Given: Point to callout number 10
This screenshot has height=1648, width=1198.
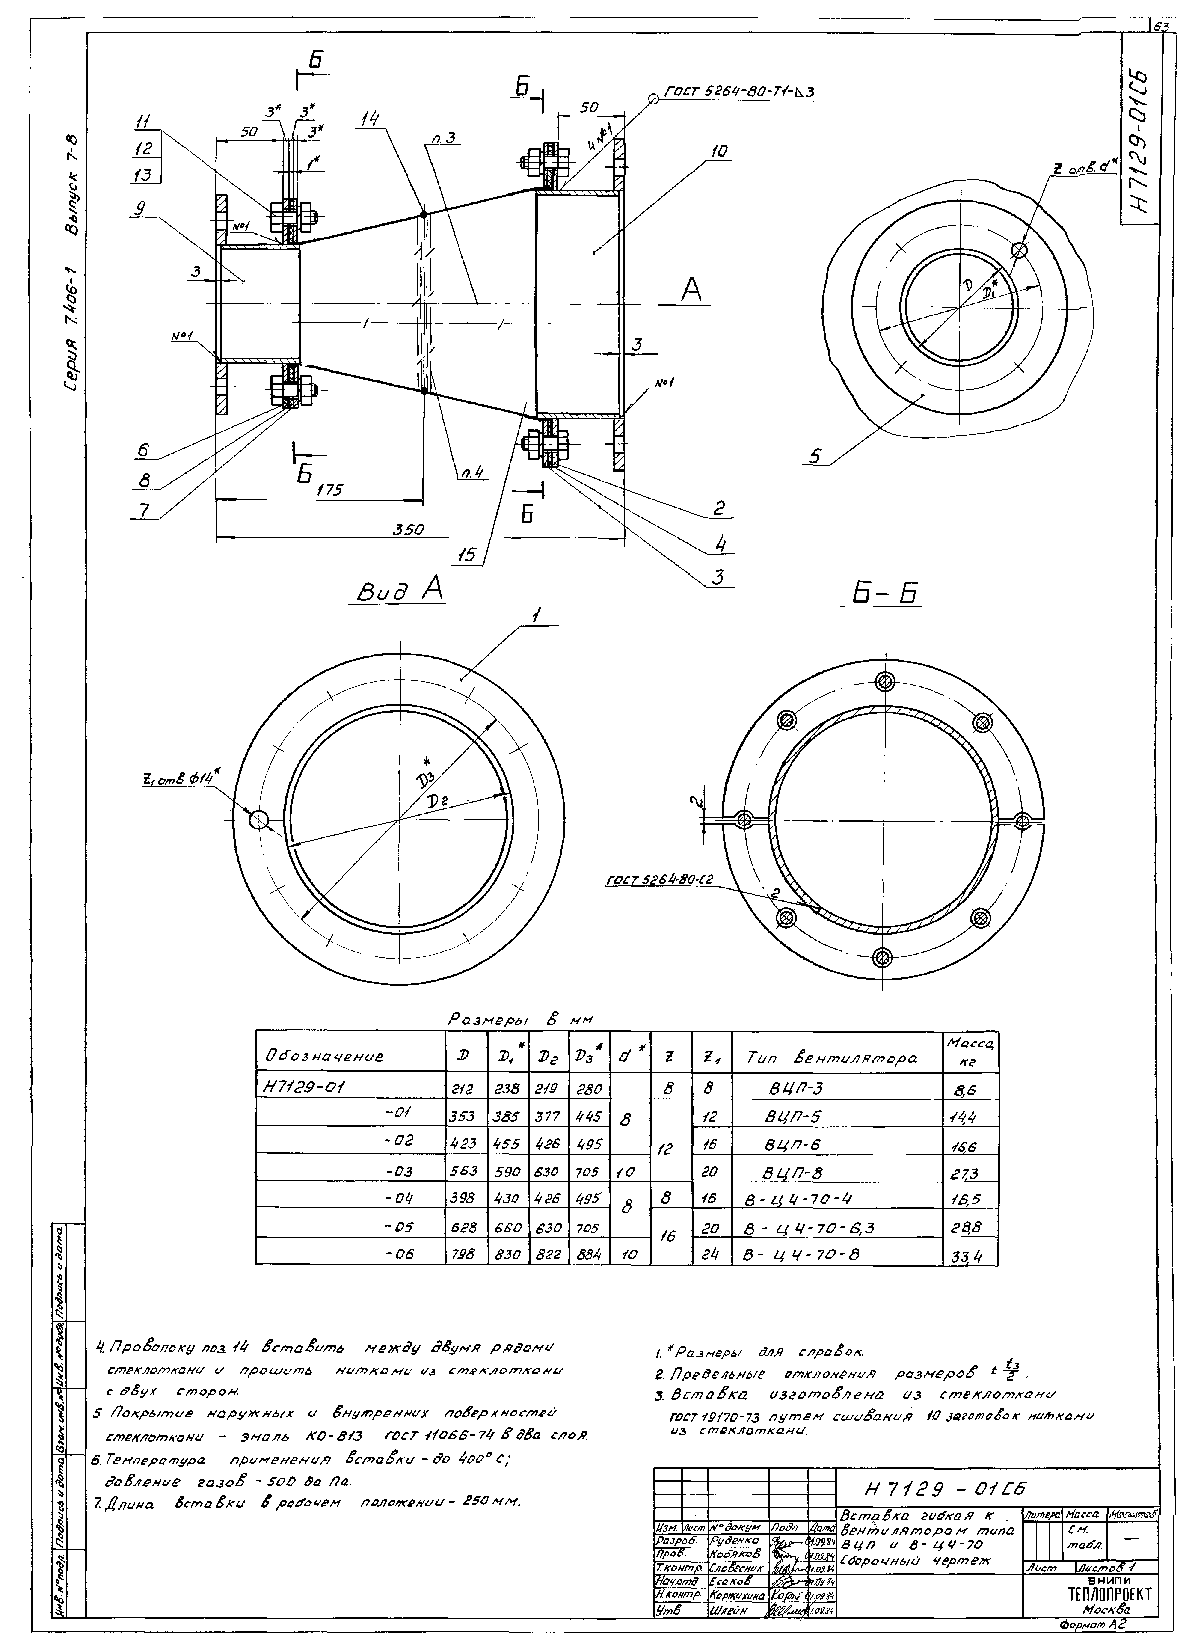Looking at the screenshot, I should coord(719,153).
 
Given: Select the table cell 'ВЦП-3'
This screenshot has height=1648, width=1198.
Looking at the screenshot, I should coord(795,1089).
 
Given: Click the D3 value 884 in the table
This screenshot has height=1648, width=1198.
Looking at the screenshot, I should coord(588,1254).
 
